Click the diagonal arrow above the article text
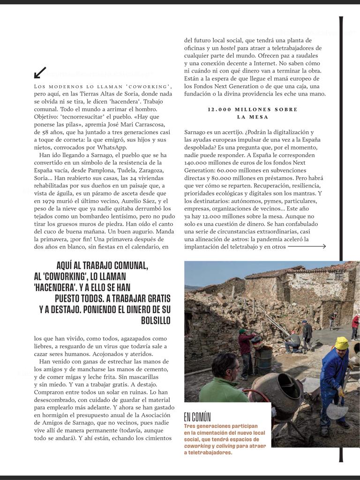coord(40,73)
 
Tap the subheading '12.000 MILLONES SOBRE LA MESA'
coord(252,113)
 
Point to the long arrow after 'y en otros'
coord(307,247)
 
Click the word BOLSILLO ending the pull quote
coord(156,321)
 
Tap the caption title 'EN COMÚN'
coord(197,417)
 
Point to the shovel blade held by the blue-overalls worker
coord(337,411)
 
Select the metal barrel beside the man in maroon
coord(263,359)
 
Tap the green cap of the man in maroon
coord(242,331)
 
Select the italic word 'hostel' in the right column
coord(228,48)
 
